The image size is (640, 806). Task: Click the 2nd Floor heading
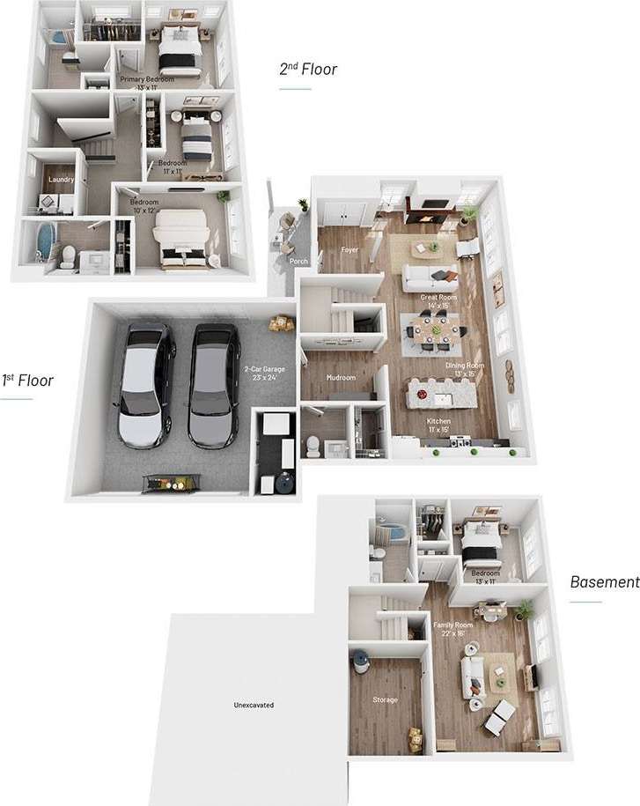click(308, 69)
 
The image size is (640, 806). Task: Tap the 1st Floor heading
click(27, 381)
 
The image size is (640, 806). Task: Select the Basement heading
click(604, 581)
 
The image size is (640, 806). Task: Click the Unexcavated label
click(254, 705)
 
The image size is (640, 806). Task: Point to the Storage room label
click(385, 699)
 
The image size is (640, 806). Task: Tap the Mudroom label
click(341, 378)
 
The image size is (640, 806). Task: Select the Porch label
click(298, 261)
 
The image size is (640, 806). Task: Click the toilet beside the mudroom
click(312, 445)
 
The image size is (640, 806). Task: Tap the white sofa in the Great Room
click(429, 278)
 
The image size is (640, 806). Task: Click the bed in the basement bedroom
click(482, 543)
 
